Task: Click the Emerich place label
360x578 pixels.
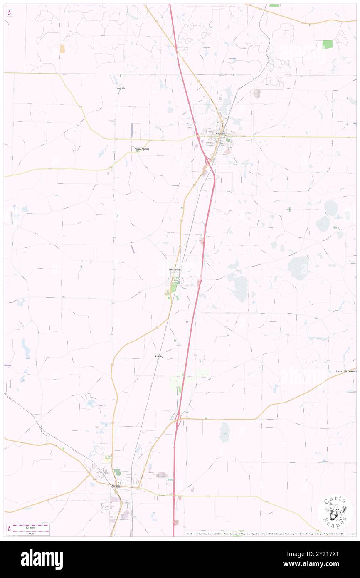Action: (120, 88)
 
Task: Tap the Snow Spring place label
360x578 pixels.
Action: (141, 148)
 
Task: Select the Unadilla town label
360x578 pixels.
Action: (221, 133)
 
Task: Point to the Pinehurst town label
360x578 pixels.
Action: (175, 269)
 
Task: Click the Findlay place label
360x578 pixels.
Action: (159, 356)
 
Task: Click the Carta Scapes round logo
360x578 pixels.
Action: (335, 512)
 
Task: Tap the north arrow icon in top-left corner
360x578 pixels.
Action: (9, 13)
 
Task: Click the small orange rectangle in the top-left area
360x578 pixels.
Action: (62, 49)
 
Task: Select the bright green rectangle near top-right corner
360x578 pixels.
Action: (327, 44)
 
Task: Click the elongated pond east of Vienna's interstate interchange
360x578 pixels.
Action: (224, 432)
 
